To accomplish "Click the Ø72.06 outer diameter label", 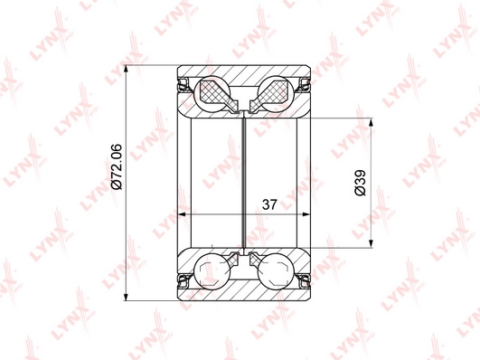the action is pyautogui.click(x=117, y=166).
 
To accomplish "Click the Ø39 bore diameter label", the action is pyautogui.click(x=360, y=183).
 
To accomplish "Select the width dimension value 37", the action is pyautogui.click(x=269, y=204).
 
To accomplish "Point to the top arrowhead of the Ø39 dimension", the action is pyautogui.click(x=371, y=123).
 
